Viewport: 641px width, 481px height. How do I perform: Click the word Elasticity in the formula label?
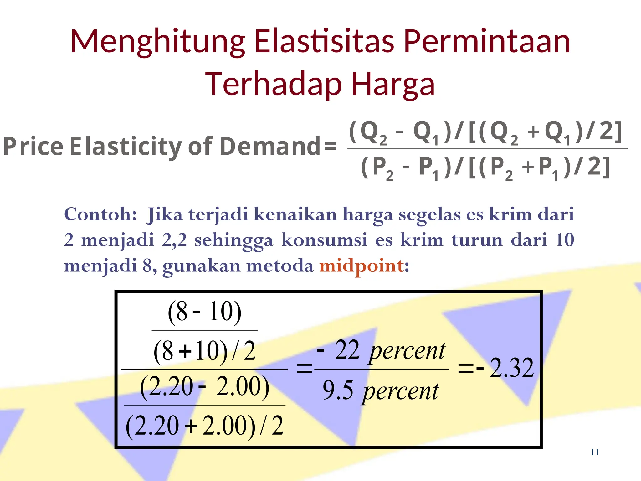point(126,146)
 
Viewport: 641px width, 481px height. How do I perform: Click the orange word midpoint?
point(362,266)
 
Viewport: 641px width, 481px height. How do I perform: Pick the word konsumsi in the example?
point(324,240)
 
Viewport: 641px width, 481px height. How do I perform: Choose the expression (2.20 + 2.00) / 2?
point(205,426)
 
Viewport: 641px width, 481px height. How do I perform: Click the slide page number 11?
point(595,452)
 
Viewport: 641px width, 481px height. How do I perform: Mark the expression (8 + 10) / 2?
point(205,351)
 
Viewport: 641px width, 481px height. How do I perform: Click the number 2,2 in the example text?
point(174,240)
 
